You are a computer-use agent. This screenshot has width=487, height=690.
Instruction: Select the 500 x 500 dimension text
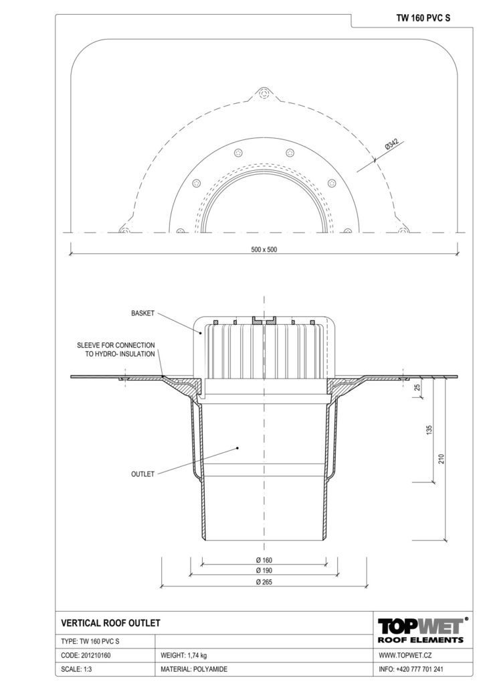[264, 249]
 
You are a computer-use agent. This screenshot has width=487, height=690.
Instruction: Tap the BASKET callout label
[143, 314]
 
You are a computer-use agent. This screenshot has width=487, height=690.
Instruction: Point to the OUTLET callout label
[143, 474]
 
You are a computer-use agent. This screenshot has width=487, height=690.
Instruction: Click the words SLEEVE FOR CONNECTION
[116, 346]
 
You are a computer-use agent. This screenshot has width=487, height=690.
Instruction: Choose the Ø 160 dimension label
[264, 560]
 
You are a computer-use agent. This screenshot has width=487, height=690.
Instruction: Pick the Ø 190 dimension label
[264, 570]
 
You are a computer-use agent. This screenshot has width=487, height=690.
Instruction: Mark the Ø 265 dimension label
[264, 581]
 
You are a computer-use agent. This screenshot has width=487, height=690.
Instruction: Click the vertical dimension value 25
[417, 387]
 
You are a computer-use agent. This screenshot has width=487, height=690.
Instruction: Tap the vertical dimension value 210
[442, 458]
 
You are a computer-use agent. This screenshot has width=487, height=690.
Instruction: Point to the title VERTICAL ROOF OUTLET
[111, 623]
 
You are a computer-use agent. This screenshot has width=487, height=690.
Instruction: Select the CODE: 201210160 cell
[86, 655]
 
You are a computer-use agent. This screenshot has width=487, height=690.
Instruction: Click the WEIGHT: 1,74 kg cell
[184, 655]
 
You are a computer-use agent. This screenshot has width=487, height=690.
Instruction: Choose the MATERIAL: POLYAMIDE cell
[194, 669]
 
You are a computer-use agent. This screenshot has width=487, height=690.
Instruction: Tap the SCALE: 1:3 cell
[76, 669]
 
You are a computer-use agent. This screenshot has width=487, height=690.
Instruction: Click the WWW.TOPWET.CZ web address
[405, 655]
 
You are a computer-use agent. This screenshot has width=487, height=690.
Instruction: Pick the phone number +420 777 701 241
[419, 669]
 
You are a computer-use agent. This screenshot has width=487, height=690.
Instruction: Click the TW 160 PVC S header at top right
[423, 18]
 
